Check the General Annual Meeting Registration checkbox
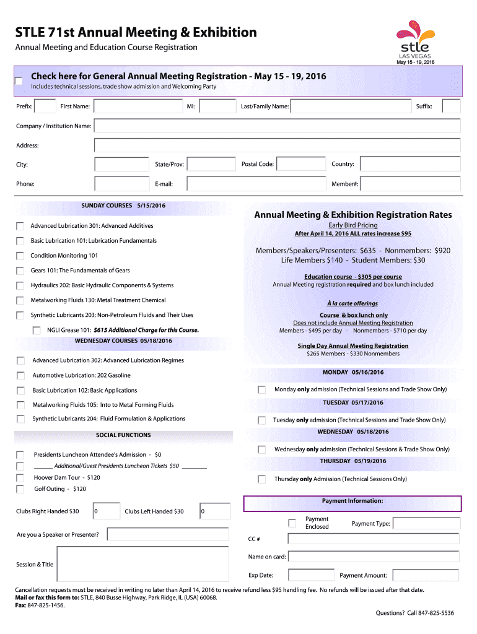pos(19,81)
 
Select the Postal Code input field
pos(301,164)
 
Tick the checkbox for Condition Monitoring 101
pos(20,256)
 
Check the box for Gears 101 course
pos(20,271)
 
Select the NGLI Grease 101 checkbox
pos(37,330)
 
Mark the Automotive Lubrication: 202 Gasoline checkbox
pos(21,375)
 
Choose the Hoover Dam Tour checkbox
pos(21,478)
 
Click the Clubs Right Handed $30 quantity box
pos(105,511)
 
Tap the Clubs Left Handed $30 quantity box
pos(214,511)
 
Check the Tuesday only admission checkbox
pos(261,420)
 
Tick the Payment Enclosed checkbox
pos(292,523)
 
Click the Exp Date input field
pos(312,575)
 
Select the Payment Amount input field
pos(426,575)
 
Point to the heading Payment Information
pos(352,501)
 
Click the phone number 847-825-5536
pos(436,613)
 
